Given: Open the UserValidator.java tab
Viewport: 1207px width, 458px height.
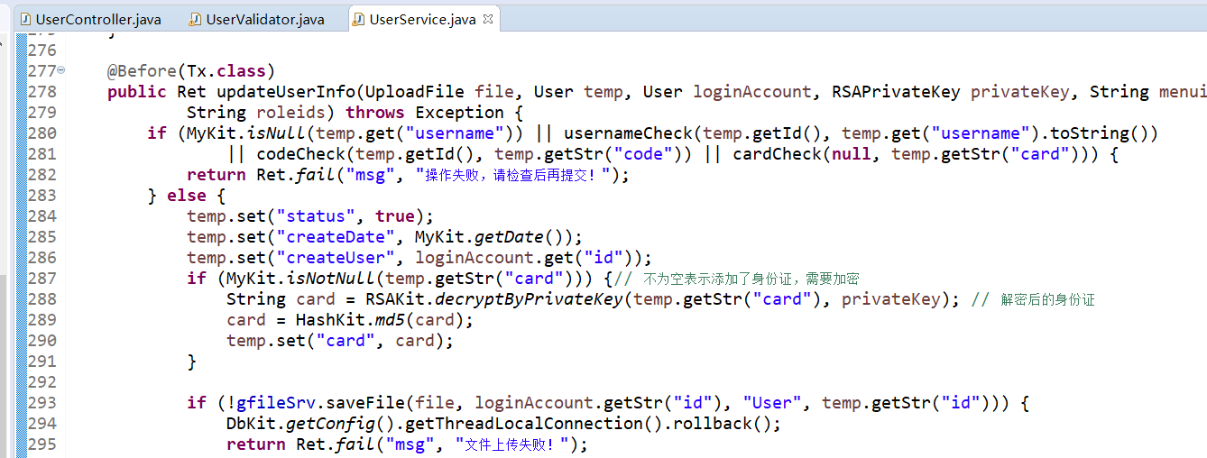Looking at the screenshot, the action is [257, 20].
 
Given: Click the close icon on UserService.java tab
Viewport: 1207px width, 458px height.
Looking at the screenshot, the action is [488, 19].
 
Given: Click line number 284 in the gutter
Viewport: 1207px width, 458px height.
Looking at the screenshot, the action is [42, 216].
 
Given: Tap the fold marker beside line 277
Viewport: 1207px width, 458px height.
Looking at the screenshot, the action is [60, 69].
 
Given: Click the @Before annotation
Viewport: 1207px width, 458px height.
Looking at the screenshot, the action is [142, 71].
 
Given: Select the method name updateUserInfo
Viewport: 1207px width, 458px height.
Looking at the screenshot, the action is [286, 92].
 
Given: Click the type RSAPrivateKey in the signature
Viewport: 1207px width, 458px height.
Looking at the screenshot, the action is [896, 92].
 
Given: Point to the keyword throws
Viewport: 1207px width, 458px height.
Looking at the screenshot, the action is [374, 113].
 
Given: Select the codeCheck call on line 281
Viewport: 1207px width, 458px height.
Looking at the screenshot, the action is [300, 154].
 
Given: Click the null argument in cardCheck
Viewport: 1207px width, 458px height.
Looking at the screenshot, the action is [851, 154].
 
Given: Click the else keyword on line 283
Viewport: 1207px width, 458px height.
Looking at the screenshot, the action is [187, 196].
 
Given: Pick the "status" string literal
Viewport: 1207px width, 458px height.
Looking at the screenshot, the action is [315, 216].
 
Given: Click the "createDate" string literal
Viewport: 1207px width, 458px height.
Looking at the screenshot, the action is [336, 237].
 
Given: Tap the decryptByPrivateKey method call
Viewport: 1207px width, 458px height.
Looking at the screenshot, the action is [529, 299].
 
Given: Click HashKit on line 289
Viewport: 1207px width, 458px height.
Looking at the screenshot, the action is [330, 320].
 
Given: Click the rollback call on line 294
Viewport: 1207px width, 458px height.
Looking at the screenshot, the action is [712, 424].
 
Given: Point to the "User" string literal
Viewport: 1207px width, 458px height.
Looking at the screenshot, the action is [771, 402].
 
